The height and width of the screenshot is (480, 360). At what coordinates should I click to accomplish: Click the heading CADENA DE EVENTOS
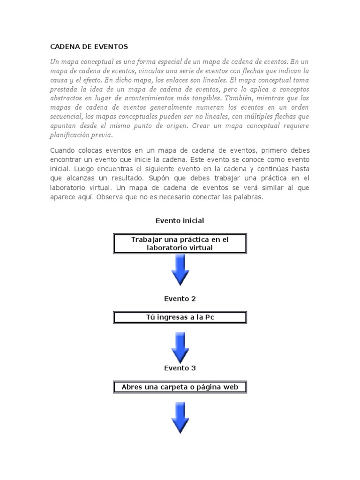pyautogui.click(x=89, y=47)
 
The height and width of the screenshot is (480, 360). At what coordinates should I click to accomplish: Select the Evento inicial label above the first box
pyautogui.click(x=180, y=220)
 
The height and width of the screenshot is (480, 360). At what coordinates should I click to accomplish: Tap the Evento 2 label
pyautogui.click(x=180, y=298)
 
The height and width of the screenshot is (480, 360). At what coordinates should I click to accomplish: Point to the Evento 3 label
pyautogui.click(x=180, y=368)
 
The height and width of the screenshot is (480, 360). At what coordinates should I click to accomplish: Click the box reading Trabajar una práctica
pyautogui.click(x=180, y=244)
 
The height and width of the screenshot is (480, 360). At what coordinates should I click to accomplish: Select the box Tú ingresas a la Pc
pyautogui.click(x=180, y=318)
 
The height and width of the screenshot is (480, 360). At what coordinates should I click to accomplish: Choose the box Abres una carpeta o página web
pyautogui.click(x=180, y=387)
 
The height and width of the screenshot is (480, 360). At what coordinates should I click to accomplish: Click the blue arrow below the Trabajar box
pyautogui.click(x=180, y=270)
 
